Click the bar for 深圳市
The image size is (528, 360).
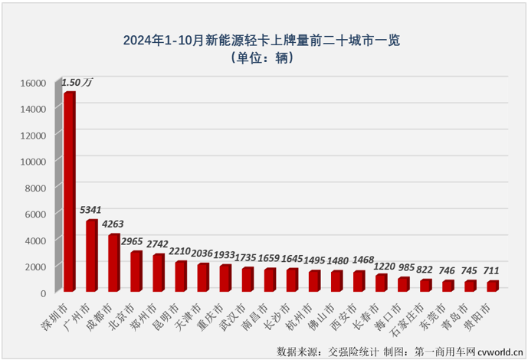click(69, 191)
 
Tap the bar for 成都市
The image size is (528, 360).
click(113, 263)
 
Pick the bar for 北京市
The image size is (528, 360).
click(136, 271)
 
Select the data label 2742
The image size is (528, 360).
click(158, 243)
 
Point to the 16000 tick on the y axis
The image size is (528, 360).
click(35, 83)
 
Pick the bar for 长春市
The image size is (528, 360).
click(381, 283)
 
